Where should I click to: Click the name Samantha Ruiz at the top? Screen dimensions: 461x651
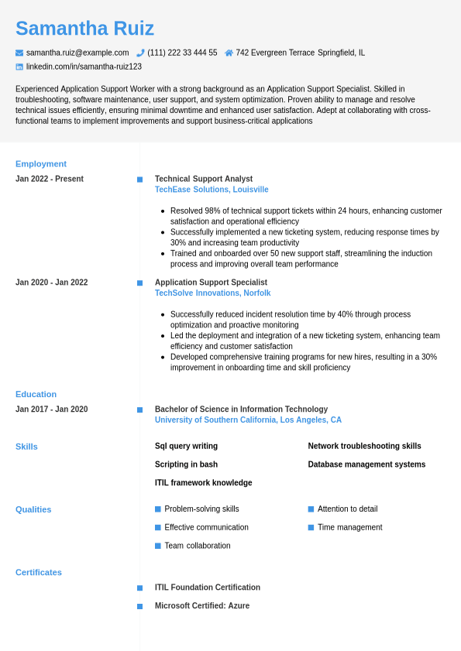[84, 29]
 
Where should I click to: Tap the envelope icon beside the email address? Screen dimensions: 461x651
[19, 53]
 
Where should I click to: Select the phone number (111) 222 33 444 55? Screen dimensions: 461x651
[182, 53]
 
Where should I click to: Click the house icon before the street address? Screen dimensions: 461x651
[229, 53]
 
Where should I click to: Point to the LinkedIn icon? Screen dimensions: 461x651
[19, 67]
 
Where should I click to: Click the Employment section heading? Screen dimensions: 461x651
[41, 164]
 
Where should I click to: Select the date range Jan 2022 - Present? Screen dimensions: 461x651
[50, 179]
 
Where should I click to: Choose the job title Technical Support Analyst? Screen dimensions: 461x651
[204, 179]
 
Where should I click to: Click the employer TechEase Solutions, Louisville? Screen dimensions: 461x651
[212, 190]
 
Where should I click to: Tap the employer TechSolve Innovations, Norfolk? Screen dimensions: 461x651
[212, 293]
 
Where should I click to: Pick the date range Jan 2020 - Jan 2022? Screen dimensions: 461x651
[52, 283]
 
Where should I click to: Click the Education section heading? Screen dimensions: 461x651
[36, 394]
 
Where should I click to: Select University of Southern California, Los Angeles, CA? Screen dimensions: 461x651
[248, 420]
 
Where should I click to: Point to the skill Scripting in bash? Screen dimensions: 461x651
[186, 464]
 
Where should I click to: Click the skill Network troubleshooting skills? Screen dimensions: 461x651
[364, 446]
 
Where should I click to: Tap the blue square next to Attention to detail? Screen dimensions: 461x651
[311, 509]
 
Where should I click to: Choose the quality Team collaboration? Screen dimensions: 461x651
[198, 546]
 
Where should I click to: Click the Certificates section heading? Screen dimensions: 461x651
[39, 573]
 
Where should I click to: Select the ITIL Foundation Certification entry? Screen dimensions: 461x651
[208, 588]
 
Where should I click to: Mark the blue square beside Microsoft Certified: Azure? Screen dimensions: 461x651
[140, 606]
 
